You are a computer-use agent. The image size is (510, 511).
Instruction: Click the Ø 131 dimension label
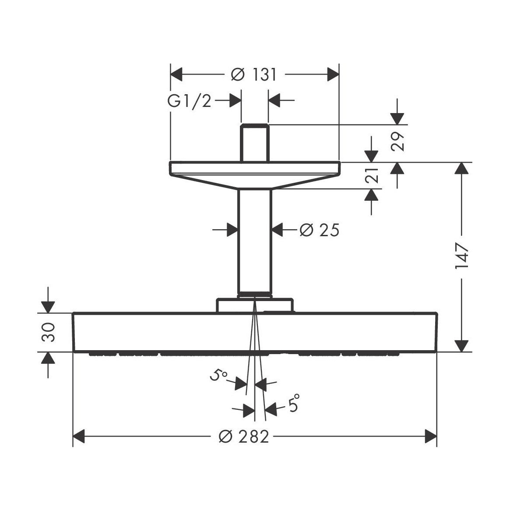pos(254,75)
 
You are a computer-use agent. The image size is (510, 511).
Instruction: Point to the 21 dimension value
pos(372,175)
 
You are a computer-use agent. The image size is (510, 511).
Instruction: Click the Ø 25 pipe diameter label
pos(320,230)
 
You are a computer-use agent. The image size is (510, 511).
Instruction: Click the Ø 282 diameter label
pos(243,436)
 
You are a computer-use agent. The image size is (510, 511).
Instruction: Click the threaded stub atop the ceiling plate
pos(254,143)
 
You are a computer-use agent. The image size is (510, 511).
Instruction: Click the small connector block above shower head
pos(254,305)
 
